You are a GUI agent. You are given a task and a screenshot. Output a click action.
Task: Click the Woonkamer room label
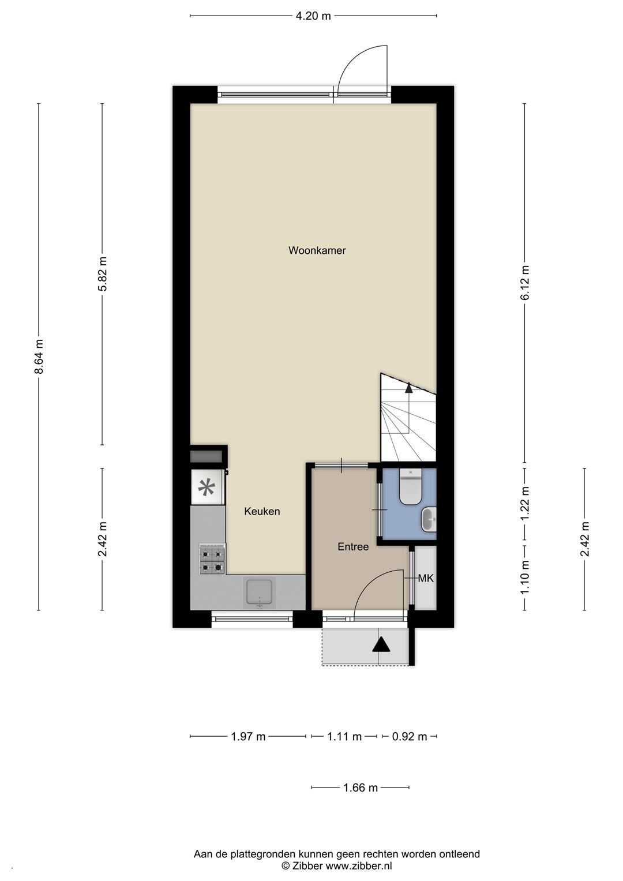[x=317, y=250]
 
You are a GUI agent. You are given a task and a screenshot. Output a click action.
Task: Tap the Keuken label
[x=262, y=511]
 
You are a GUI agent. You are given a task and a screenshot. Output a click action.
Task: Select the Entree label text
[x=353, y=547]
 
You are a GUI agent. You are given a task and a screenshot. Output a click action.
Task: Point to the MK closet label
[x=426, y=578]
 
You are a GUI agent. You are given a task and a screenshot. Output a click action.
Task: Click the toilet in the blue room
[x=410, y=487]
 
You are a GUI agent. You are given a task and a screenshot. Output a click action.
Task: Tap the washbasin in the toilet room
[x=429, y=519]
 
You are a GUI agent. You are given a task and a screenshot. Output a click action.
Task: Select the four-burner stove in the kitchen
[x=212, y=560]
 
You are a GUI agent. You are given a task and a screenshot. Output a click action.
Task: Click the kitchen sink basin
[x=260, y=592]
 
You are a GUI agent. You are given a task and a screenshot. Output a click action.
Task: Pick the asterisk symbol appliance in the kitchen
[x=207, y=488]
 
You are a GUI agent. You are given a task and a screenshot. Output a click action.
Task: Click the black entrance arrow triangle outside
[x=381, y=645]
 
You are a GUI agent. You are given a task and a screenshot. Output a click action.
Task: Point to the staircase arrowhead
[x=409, y=388]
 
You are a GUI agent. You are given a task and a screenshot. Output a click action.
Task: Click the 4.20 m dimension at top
[x=313, y=16]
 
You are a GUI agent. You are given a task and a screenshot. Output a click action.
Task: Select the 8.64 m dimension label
[x=39, y=357]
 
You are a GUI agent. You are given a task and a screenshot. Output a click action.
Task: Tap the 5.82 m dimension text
[x=103, y=273]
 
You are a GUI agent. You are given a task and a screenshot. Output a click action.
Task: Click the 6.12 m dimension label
[x=525, y=283]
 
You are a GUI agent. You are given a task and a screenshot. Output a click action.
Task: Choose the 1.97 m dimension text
[x=248, y=737]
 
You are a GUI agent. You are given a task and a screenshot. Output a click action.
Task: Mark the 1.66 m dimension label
[x=361, y=788]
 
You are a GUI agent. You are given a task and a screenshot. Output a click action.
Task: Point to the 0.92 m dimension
[x=410, y=737]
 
